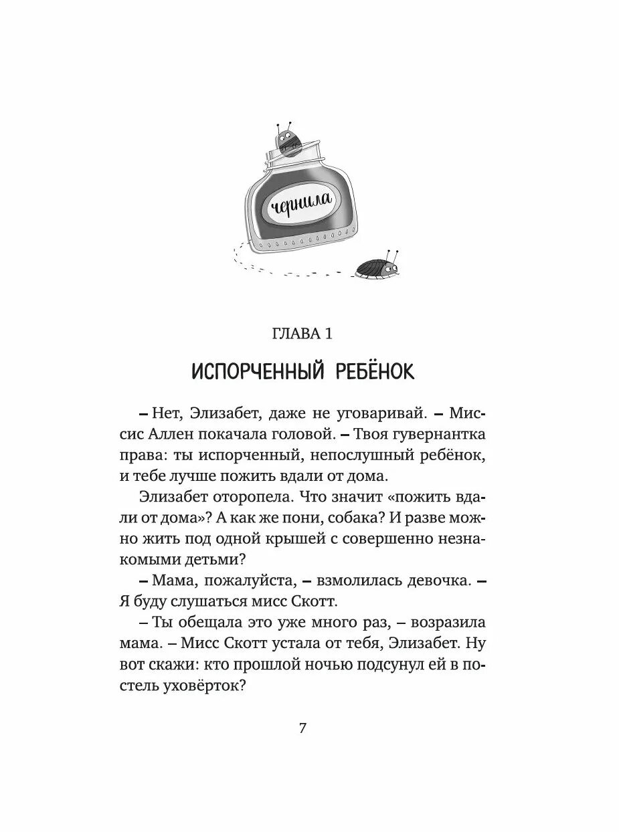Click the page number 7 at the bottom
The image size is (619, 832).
tap(302, 728)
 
